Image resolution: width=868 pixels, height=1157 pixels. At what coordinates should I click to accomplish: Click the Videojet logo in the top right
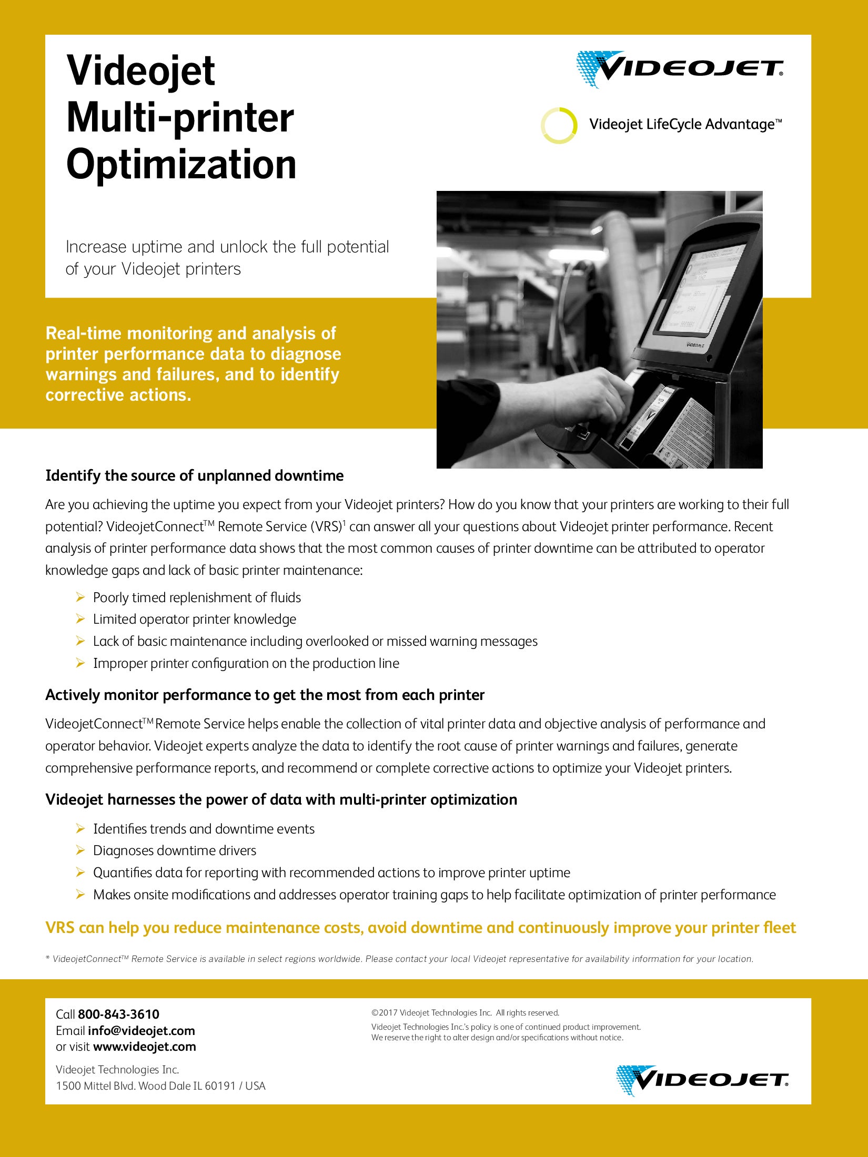pyautogui.click(x=679, y=69)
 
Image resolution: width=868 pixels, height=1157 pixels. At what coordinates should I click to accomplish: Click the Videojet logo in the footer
pyautogui.click(x=702, y=1080)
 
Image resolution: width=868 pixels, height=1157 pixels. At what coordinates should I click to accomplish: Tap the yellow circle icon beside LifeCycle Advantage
pyautogui.click(x=559, y=125)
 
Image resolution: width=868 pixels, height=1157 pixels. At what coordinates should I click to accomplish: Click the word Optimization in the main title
pyautogui.click(x=181, y=165)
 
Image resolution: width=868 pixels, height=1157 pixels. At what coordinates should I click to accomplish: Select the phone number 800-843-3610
pyautogui.click(x=118, y=1014)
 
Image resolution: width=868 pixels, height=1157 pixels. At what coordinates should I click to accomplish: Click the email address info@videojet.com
pyautogui.click(x=141, y=1030)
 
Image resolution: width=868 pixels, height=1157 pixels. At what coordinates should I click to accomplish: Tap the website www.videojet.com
pyautogui.click(x=144, y=1047)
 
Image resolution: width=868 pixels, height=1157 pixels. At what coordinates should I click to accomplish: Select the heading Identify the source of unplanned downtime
pyautogui.click(x=194, y=475)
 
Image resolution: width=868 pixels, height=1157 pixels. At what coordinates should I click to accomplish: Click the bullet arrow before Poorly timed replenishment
pyautogui.click(x=80, y=597)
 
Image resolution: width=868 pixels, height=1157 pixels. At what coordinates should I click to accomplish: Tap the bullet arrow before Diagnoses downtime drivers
pyautogui.click(x=80, y=850)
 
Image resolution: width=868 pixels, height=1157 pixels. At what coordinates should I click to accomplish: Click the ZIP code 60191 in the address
pyautogui.click(x=220, y=1085)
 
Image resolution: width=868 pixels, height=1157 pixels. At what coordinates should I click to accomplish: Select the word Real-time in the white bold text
pyautogui.click(x=84, y=333)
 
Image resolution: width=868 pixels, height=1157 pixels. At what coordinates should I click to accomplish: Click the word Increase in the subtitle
pyautogui.click(x=96, y=247)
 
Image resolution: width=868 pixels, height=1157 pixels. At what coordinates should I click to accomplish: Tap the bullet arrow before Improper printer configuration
pyautogui.click(x=80, y=663)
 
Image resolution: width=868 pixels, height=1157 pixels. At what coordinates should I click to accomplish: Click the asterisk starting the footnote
pyautogui.click(x=48, y=958)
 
